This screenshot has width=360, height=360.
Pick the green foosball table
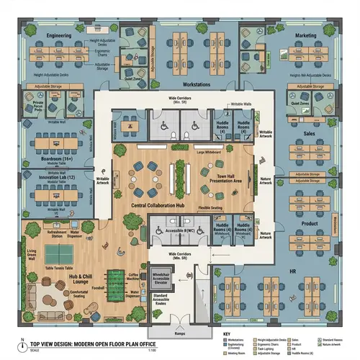(x=115, y=276)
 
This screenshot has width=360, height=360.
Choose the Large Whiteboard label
(x=207, y=152)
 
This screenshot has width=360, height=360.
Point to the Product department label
(x=310, y=224)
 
